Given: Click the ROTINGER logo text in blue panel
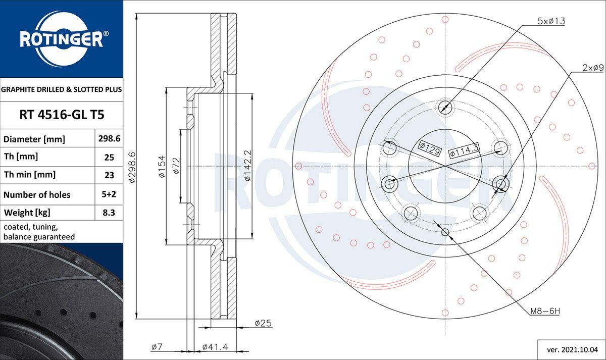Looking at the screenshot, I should tap(61, 38).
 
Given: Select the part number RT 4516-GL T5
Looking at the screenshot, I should tap(62, 115).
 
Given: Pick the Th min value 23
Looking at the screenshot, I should tap(109, 175).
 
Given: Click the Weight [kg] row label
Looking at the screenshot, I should tap(27, 213).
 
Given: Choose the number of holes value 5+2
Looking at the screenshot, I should tap(109, 194).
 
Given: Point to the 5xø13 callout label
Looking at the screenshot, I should tap(550, 21).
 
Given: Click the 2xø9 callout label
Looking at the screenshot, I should tap(593, 67).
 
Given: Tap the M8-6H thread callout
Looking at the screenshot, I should tap(545, 312).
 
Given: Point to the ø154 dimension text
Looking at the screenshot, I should tap(162, 166).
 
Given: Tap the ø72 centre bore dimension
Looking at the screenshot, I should tap(176, 166).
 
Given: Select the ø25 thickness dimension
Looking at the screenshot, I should tap(263, 323).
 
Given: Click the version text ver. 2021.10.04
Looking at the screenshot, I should tap(572, 349).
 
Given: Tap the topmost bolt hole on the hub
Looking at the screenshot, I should tap(445, 107).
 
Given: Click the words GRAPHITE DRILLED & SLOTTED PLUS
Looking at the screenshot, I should tap(62, 89).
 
